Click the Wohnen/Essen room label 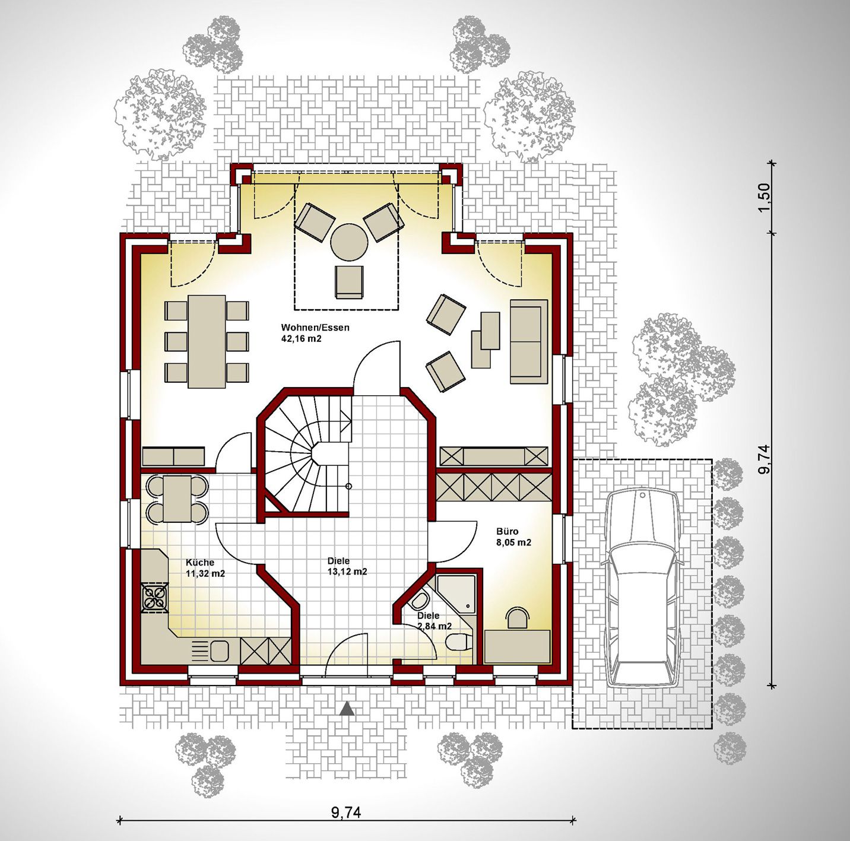315,328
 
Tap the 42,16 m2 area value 302,339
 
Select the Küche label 200,563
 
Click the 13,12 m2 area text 348,572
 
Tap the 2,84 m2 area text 434,626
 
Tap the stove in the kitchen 155,597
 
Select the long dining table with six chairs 207,341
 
